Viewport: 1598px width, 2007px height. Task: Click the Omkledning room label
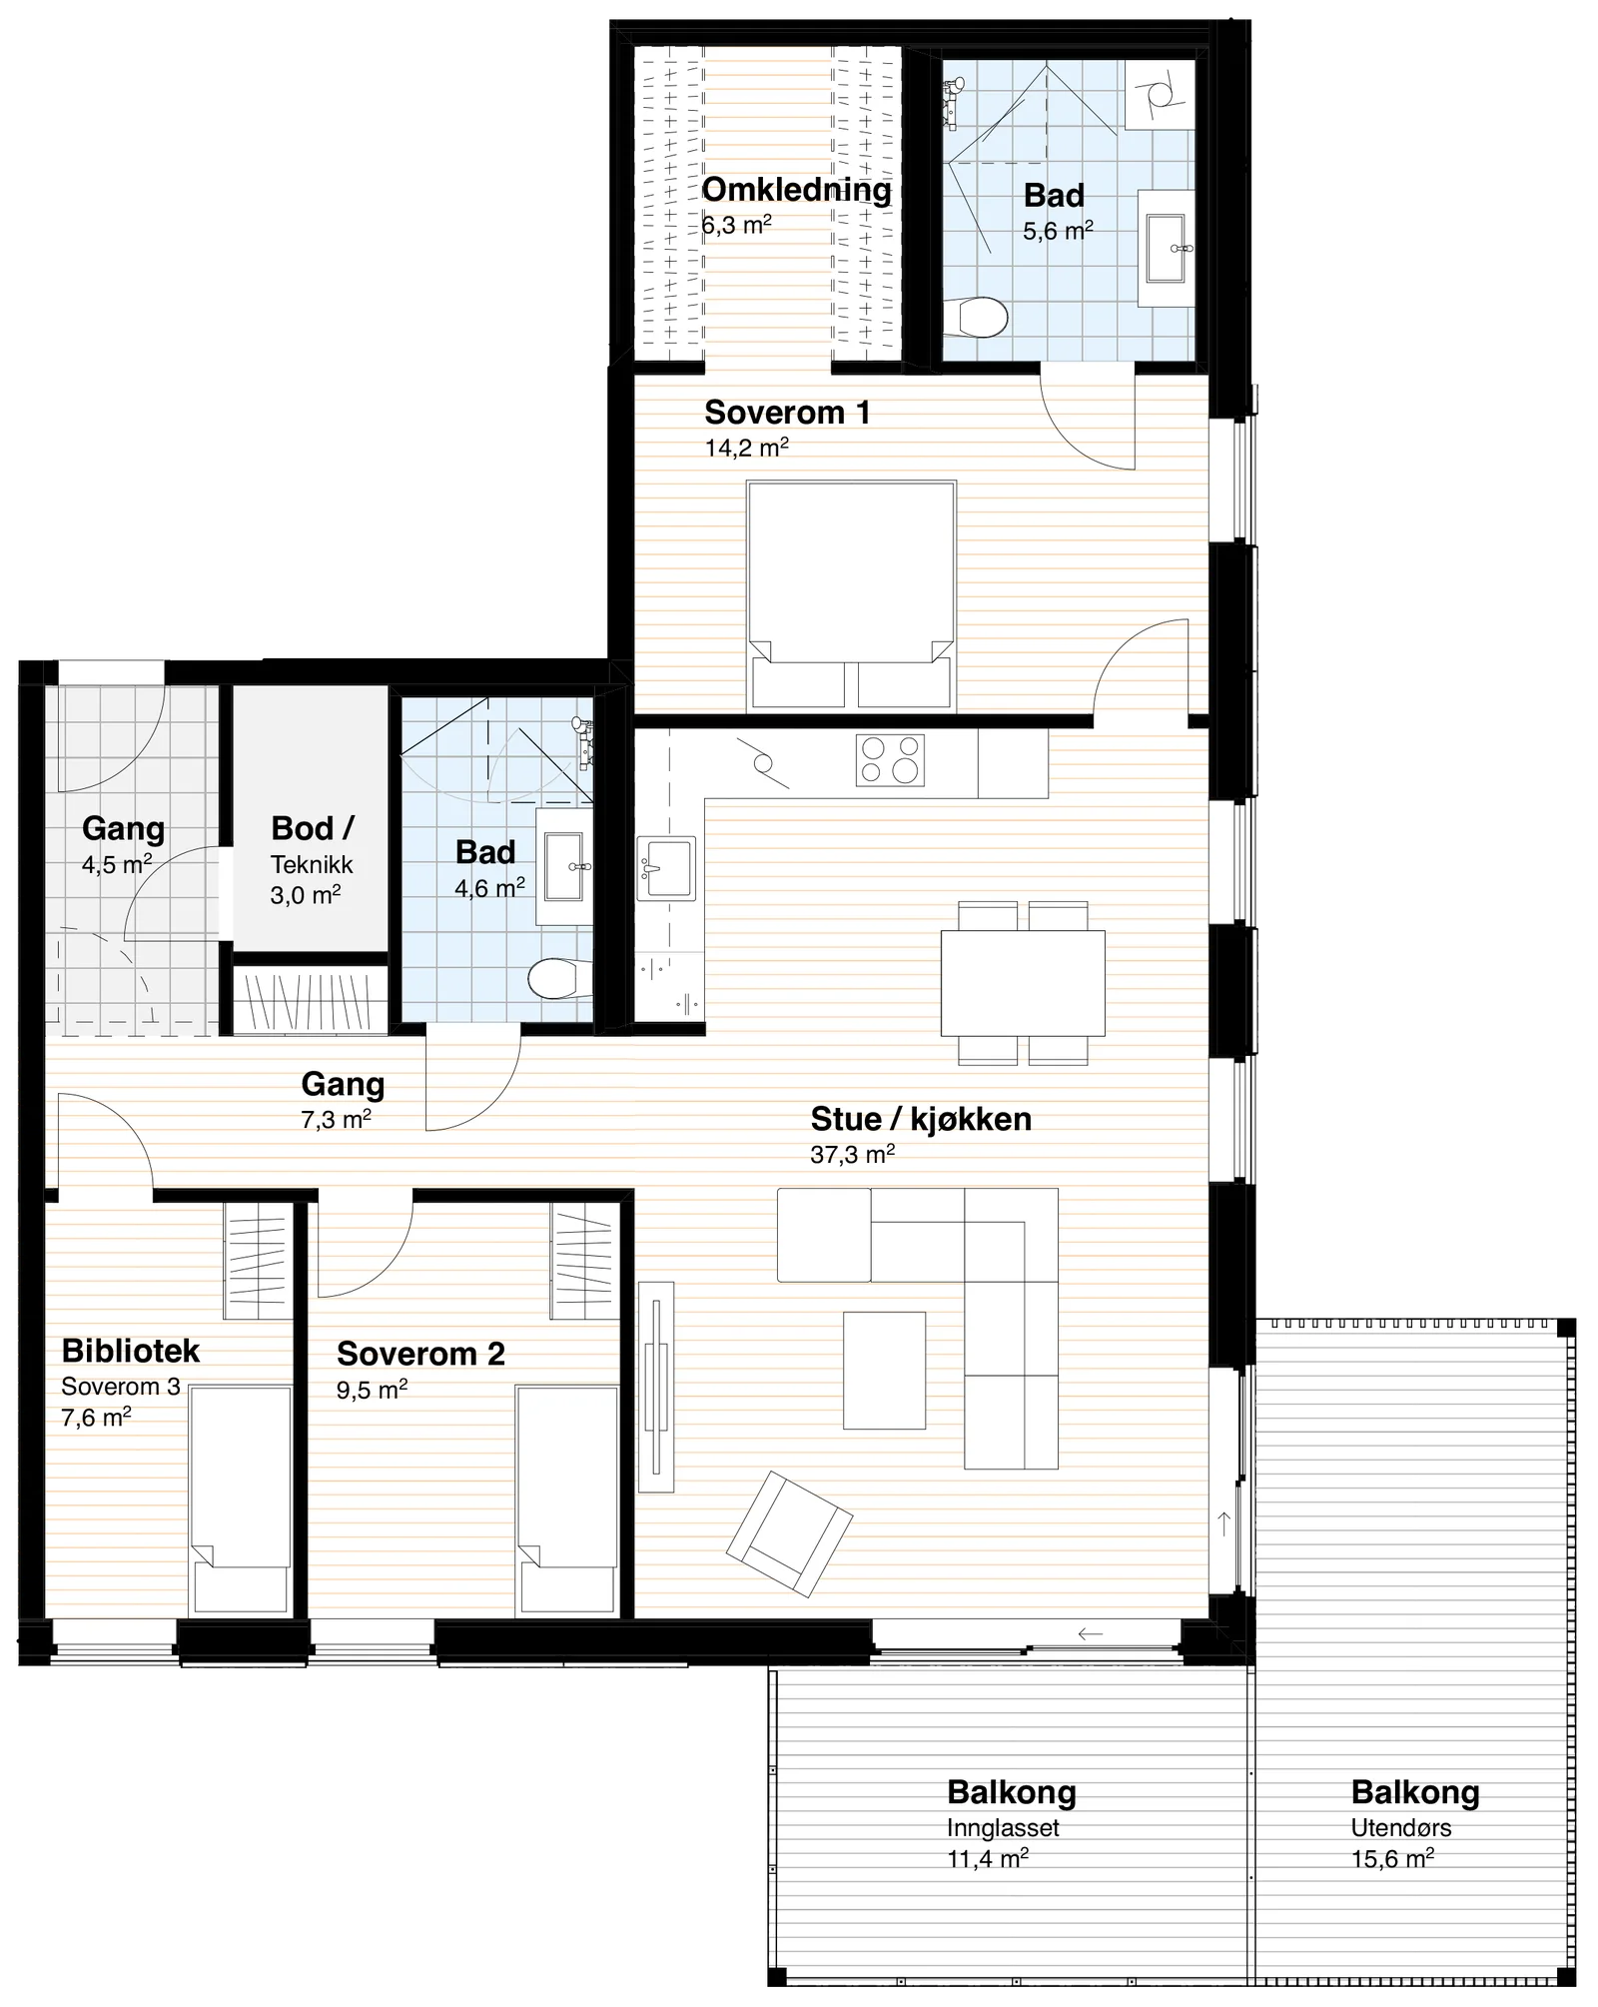pyautogui.click(x=796, y=190)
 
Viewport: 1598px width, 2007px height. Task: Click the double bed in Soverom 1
pyautogui.click(x=851, y=595)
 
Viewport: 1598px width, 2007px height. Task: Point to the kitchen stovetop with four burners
pyautogui.click(x=890, y=760)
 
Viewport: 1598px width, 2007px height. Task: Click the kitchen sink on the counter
pyautogui.click(x=666, y=868)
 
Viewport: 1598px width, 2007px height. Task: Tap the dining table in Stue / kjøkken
pyautogui.click(x=1023, y=983)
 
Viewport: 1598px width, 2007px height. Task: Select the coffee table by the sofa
pyautogui.click(x=884, y=1371)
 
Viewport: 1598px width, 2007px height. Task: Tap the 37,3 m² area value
pyautogui.click(x=852, y=1155)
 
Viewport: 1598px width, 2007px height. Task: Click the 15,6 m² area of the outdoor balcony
pyautogui.click(x=1392, y=1859)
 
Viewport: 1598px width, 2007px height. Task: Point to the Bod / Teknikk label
pyautogui.click(x=312, y=845)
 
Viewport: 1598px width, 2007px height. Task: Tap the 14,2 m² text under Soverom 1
pyautogui.click(x=747, y=448)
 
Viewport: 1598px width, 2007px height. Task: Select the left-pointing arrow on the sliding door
pyautogui.click(x=1090, y=1633)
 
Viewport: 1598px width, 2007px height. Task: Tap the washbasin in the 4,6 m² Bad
pyautogui.click(x=565, y=867)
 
